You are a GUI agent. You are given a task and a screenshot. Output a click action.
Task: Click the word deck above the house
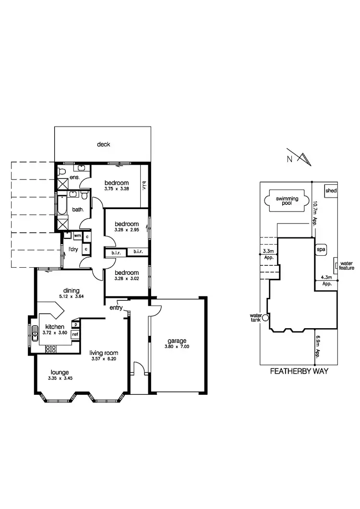(103, 144)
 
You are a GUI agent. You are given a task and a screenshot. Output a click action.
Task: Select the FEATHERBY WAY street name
(299, 371)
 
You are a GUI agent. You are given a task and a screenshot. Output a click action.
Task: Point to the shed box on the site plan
(331, 191)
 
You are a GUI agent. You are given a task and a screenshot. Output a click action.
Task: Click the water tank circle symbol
(265, 317)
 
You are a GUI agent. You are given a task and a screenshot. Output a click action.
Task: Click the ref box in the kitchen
(75, 334)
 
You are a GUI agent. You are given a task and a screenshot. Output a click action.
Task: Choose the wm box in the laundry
(77, 236)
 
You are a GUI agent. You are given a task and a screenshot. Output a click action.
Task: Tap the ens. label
(74, 177)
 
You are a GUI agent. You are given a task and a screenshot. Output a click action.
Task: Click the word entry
(116, 308)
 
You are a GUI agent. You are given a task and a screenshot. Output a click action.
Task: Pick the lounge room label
(60, 372)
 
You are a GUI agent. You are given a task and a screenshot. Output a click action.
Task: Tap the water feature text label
(347, 266)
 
